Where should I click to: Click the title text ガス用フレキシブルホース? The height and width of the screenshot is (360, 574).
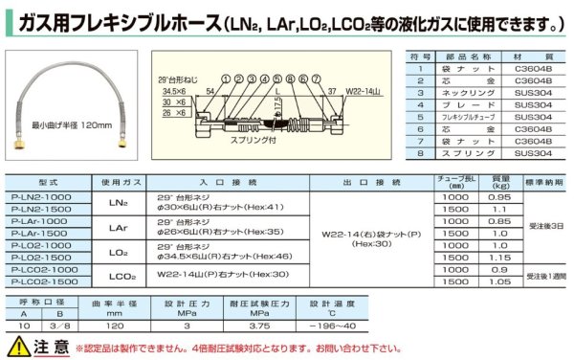(x=116, y=22)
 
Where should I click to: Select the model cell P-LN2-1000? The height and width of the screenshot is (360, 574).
(x=47, y=196)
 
